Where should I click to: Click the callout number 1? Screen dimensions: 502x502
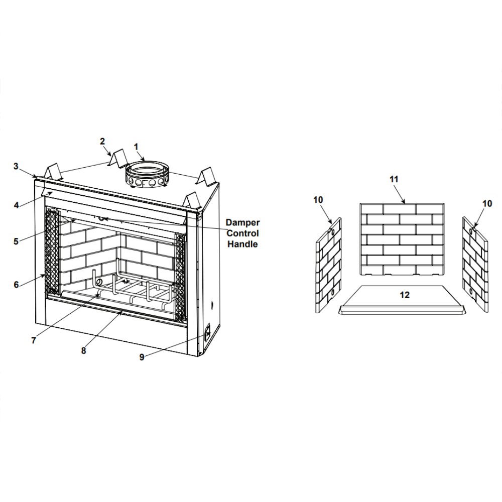[x=136, y=147]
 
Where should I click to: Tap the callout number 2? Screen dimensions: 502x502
[x=102, y=141]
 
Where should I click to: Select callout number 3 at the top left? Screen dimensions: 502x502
[x=16, y=167]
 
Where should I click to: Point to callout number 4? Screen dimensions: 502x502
[x=17, y=205]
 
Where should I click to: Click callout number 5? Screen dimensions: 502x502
[x=16, y=241]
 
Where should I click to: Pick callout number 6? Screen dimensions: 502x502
[x=17, y=285]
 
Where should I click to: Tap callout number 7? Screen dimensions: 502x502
[x=34, y=340]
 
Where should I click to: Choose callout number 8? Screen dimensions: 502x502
[x=83, y=351]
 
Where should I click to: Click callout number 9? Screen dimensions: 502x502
[x=142, y=357]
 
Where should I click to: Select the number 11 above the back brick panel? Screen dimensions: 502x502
[x=394, y=179]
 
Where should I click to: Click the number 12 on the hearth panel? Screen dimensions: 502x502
[x=405, y=295]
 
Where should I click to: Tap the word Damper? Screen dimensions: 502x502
[x=242, y=222]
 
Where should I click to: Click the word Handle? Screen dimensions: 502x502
[x=242, y=244]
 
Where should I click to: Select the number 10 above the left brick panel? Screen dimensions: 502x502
[x=318, y=200]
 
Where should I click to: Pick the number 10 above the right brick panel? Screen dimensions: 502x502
[x=487, y=204]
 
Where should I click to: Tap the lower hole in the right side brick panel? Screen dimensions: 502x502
[x=471, y=291]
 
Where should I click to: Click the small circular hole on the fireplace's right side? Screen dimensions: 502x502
[x=212, y=305]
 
